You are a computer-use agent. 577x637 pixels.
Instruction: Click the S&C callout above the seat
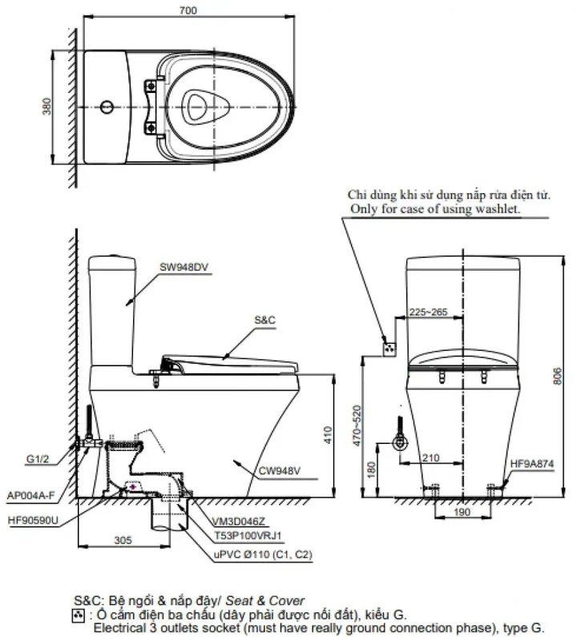point(264,318)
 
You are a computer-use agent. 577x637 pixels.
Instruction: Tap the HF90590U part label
point(34,519)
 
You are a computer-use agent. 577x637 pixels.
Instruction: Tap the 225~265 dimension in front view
point(429,312)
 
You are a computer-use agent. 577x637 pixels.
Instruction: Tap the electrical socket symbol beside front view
point(390,347)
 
